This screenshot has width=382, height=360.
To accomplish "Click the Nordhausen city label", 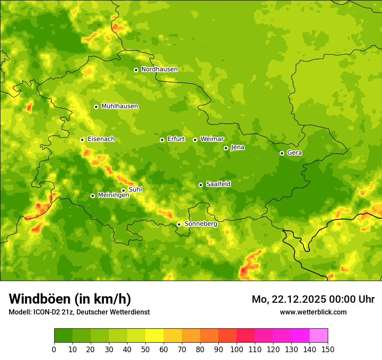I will [x=159, y=69].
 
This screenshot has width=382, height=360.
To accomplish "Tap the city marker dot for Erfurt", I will [x=162, y=140].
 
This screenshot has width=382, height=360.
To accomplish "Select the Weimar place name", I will [x=212, y=139].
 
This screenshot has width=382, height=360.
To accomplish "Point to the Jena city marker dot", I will [x=226, y=148].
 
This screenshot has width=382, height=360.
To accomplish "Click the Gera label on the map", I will [x=294, y=153].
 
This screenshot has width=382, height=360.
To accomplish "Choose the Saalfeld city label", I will [x=218, y=184].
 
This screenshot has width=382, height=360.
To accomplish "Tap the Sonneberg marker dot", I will [x=179, y=224].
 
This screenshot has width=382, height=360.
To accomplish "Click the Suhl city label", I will [x=135, y=190].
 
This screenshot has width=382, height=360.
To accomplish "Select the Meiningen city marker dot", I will [x=92, y=196].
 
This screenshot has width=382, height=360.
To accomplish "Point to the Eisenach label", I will [x=101, y=139].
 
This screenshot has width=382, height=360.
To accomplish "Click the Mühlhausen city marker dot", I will [x=96, y=107].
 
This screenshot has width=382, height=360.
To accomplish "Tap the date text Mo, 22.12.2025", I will [x=282, y=299].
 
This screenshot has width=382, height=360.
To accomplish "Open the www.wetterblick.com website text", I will [x=313, y=312].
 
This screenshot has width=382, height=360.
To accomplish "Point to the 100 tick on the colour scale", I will [x=237, y=349].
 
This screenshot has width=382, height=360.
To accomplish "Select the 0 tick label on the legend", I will [x=54, y=349].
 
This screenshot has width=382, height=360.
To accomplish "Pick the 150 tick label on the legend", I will [x=328, y=349].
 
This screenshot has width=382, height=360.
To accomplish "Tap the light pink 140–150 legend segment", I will [x=319, y=336].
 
